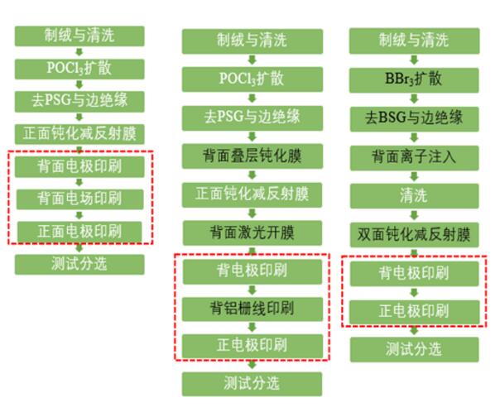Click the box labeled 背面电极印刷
coord(79,166)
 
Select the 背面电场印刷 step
coord(79,199)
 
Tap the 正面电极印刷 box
coord(79,231)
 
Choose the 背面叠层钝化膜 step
coord(252,156)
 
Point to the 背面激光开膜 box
coord(252,232)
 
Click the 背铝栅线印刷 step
coord(252,309)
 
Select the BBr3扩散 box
coord(414,79)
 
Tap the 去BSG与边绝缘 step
coord(414,118)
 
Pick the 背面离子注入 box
coord(414,157)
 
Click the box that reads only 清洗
coord(414,196)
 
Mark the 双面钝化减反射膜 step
coord(414,235)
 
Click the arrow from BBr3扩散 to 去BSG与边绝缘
coord(414,99)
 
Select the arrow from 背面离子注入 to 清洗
coord(414,177)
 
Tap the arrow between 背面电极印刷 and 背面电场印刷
coord(79,183)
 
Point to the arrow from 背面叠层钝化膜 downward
coord(252,175)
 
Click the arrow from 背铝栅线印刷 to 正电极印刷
coord(252,328)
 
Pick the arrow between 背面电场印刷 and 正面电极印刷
coord(79,215)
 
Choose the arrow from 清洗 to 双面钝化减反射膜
coord(414,216)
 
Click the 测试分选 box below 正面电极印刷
coord(79,264)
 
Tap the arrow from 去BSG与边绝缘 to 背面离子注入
coord(414,138)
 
